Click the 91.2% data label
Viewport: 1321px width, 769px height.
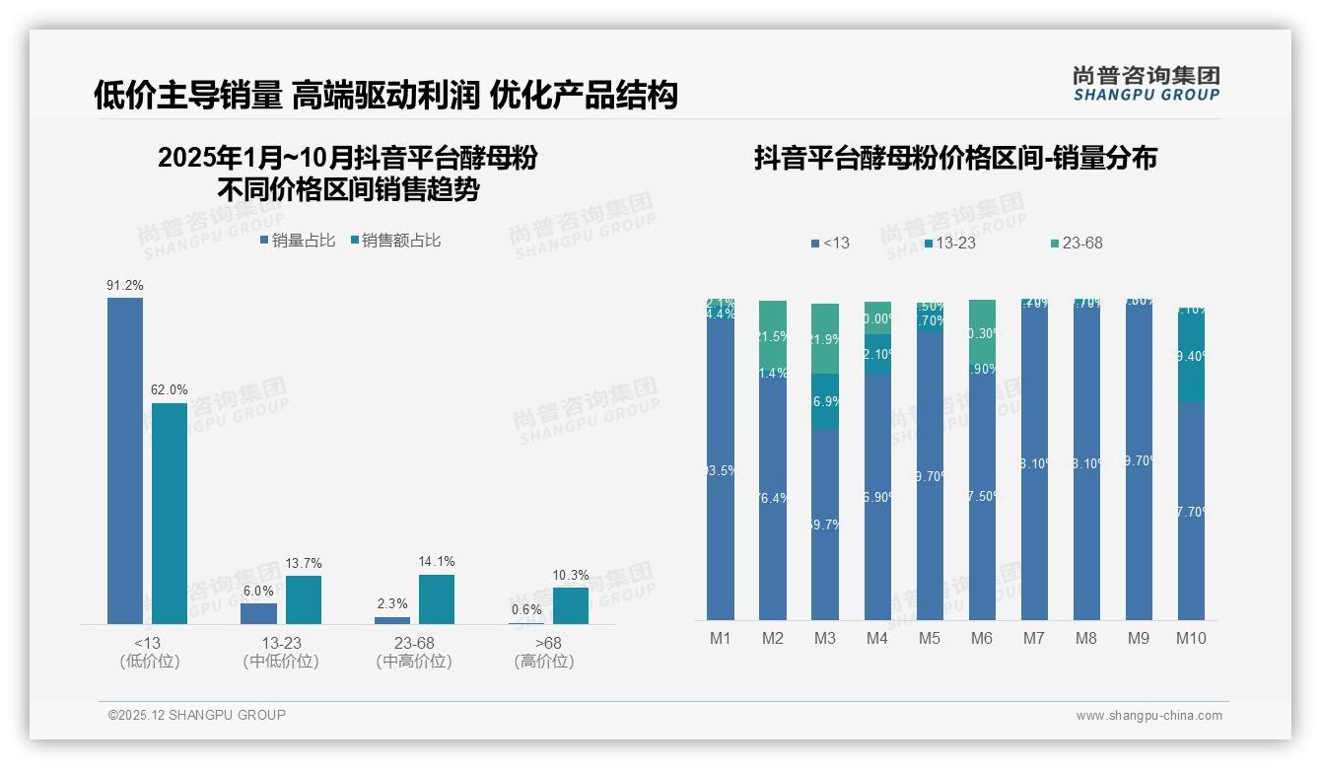click(x=125, y=285)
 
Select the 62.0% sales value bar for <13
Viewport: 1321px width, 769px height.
click(x=169, y=513)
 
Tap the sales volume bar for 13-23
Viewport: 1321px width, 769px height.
click(x=259, y=613)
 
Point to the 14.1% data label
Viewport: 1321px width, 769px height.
click(x=437, y=562)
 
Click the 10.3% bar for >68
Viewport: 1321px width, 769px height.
click(x=570, y=605)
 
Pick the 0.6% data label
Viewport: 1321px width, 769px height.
click(x=526, y=609)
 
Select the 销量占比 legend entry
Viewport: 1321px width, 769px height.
click(x=298, y=241)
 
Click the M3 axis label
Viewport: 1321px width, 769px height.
click(x=825, y=638)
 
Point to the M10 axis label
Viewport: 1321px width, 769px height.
click(x=1191, y=638)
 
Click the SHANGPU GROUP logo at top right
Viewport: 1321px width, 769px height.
click(x=1146, y=84)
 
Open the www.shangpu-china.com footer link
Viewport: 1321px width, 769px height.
click(x=1148, y=716)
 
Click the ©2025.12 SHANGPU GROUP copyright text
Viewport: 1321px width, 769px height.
click(x=197, y=715)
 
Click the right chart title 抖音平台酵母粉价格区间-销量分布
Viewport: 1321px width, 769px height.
click(x=955, y=158)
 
